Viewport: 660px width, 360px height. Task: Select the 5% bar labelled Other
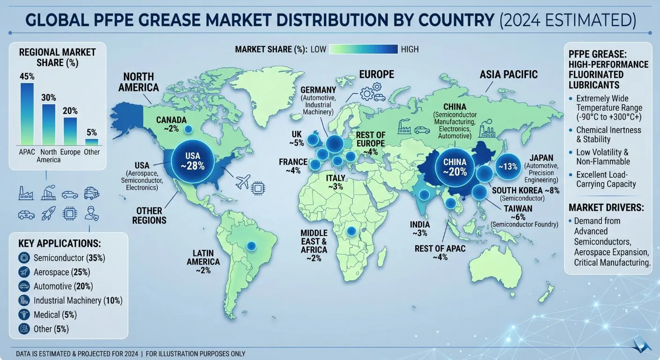click(x=92, y=142)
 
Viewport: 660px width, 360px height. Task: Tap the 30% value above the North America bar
click(x=49, y=97)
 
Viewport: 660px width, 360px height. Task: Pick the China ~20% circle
click(x=455, y=167)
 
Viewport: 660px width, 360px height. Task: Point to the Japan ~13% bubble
click(x=508, y=167)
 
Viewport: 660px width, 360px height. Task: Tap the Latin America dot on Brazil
click(x=251, y=245)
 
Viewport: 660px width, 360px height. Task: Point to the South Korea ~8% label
click(x=525, y=190)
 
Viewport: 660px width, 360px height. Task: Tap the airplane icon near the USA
click(x=242, y=183)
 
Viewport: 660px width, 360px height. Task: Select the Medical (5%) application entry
click(x=55, y=315)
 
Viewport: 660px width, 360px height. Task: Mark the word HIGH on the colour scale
click(x=410, y=49)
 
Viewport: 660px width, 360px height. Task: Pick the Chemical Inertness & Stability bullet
click(x=602, y=135)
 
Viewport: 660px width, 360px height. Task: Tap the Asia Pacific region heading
click(x=508, y=74)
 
